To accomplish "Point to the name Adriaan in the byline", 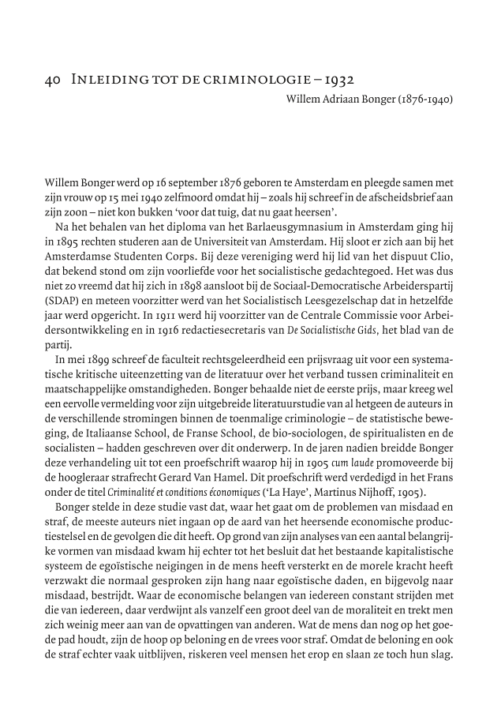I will click(x=344, y=99).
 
